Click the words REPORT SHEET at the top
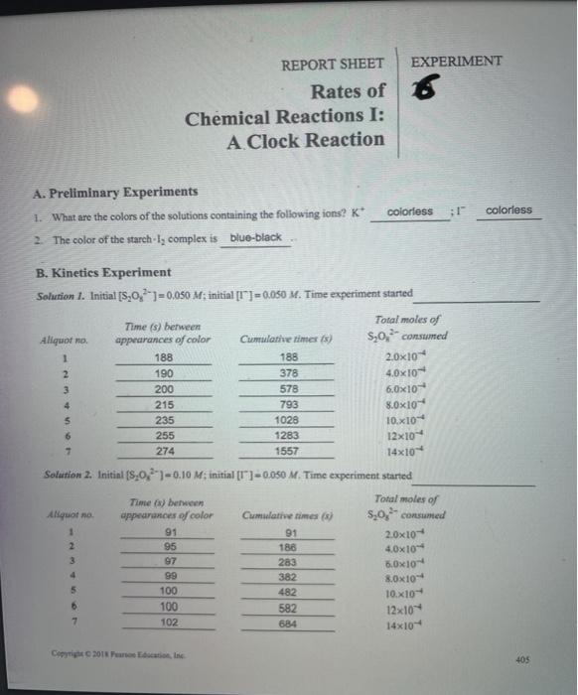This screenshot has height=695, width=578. [332, 64]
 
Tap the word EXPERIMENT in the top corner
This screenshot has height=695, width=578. [456, 61]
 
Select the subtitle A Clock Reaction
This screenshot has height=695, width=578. [305, 140]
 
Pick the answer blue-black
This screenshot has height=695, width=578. [255, 238]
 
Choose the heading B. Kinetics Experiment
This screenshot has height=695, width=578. [89, 272]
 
